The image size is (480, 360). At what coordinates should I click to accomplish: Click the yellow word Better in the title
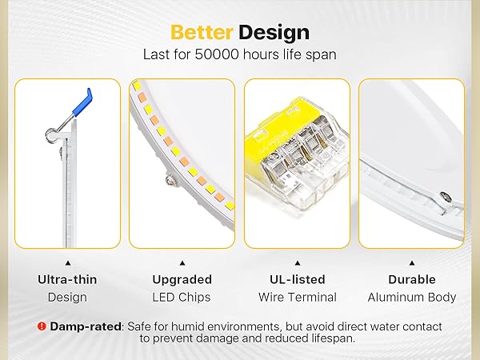pyautogui.click(x=201, y=33)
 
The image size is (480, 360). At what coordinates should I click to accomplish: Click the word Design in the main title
pyautogui.click(x=274, y=33)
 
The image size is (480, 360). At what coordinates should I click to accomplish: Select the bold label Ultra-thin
pyautogui.click(x=67, y=280)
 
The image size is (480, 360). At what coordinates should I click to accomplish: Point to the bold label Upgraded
pyautogui.click(x=182, y=280)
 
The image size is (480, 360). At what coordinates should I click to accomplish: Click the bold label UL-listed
pyautogui.click(x=297, y=280)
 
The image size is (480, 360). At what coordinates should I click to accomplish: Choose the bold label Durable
pyautogui.click(x=411, y=280)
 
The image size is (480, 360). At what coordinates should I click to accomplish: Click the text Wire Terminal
pyautogui.click(x=297, y=298)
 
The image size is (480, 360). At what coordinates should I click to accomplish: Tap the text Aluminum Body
pyautogui.click(x=411, y=298)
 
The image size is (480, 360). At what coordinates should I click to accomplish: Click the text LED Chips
pyautogui.click(x=182, y=298)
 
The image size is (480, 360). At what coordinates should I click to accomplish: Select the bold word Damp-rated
pyautogui.click(x=85, y=326)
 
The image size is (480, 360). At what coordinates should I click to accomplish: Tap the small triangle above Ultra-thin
pyautogui.click(x=67, y=262)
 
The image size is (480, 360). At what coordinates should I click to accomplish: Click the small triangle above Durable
pyautogui.click(x=411, y=262)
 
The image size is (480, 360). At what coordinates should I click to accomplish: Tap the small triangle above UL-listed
pyautogui.click(x=297, y=262)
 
